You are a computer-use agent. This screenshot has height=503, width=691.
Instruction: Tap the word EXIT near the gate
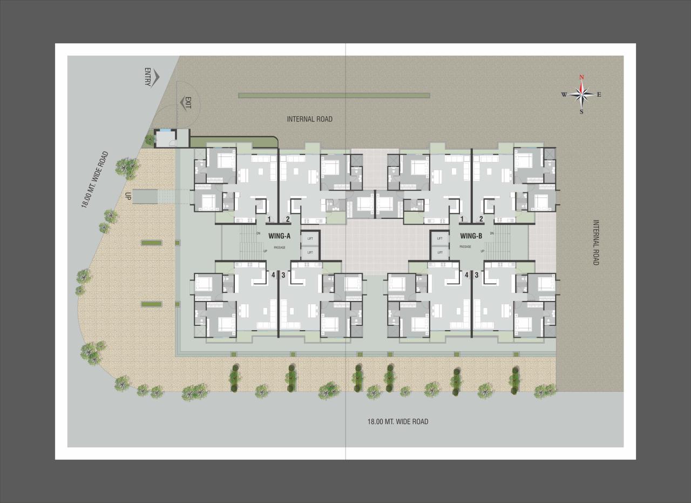pos(188,103)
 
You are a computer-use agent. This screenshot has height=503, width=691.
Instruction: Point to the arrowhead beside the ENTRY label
pos(154,78)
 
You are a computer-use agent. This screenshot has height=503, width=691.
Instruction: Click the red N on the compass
pos(581,77)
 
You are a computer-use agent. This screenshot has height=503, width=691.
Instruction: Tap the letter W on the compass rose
pos(564,95)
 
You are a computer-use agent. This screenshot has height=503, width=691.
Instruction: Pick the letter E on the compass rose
pos(599,95)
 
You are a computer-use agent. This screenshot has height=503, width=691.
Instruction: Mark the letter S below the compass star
pos(581,112)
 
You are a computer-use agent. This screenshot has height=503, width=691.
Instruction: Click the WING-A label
pos(280,236)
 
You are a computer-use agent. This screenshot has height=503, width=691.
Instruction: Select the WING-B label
pos(471,236)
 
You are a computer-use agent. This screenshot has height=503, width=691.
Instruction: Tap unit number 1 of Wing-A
pos(269,219)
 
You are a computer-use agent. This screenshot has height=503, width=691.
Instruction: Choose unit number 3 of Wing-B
pos(476,275)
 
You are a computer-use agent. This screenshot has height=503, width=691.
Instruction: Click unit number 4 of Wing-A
pos(273,275)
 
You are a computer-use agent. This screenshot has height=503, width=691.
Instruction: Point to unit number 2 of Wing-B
pos(481,219)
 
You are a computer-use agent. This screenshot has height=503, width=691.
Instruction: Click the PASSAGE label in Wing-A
pos(279,247)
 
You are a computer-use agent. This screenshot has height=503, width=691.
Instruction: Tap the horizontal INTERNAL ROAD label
pos(309,119)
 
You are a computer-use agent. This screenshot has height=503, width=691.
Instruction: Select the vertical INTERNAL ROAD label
pos(596,242)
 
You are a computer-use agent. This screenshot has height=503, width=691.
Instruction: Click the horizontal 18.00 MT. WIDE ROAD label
pos(398,421)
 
